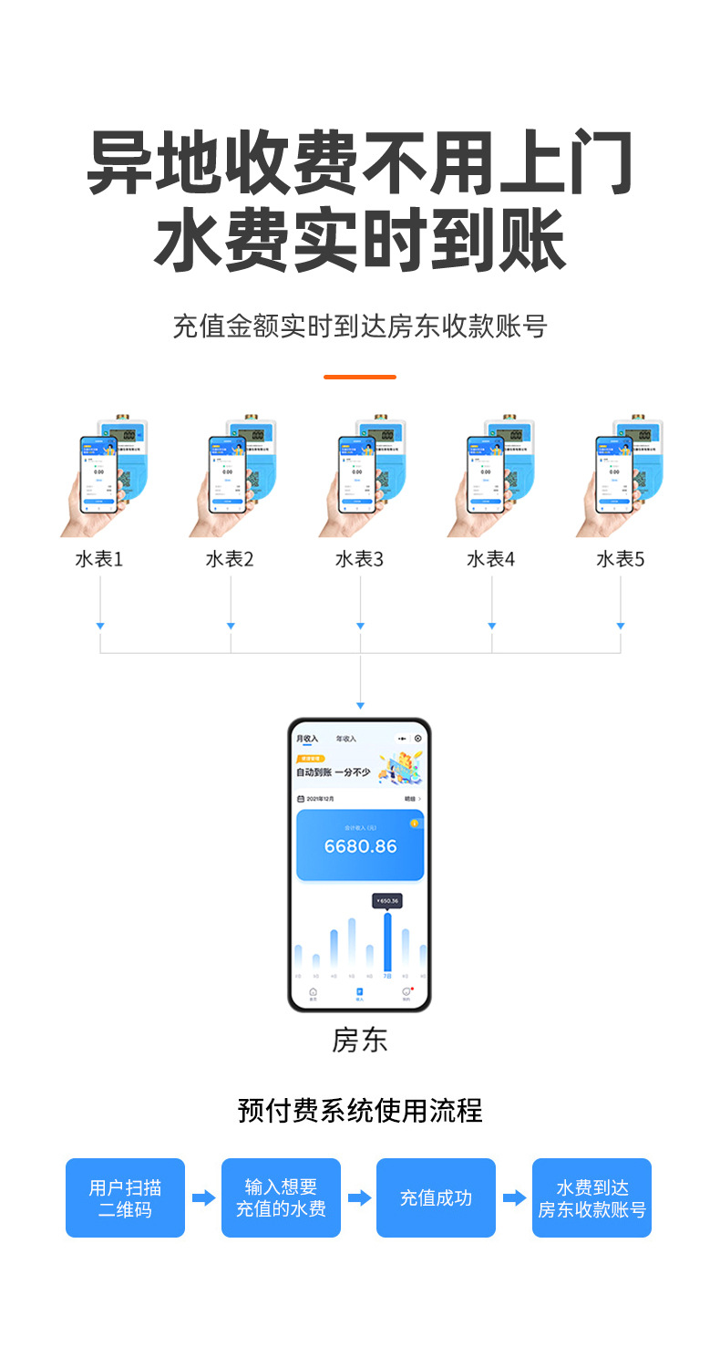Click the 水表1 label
coord(99,559)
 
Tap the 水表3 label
coord(360,559)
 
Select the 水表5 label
coord(621,559)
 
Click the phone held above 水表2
coord(227,473)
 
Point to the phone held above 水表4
coord(485,473)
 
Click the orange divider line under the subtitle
coord(360,377)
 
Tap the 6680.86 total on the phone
coord(361,846)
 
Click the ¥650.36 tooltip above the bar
coord(387,900)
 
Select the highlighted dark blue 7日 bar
coord(387,941)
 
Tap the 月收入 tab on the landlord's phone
coord(307,738)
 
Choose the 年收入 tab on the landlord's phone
coord(346,738)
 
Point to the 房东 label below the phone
coord(360,1041)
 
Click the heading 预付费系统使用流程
coord(360,1110)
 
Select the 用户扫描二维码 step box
coord(125,1197)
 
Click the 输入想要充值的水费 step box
coord(281,1197)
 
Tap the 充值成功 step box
coord(436,1197)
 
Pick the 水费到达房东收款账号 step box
coord(591,1197)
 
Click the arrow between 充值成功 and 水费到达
coord(514,1197)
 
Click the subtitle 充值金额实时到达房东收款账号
coord(360,326)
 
